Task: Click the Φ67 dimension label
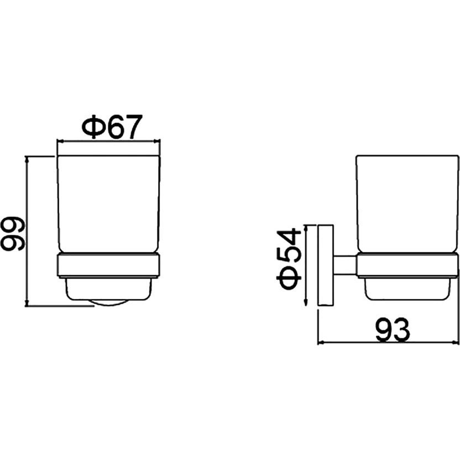112,127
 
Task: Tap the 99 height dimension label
13,234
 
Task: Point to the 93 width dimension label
393,330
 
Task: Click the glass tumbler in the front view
109,204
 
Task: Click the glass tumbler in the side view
407,204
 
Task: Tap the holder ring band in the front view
108,265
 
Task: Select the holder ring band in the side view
407,265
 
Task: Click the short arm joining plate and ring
345,265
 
